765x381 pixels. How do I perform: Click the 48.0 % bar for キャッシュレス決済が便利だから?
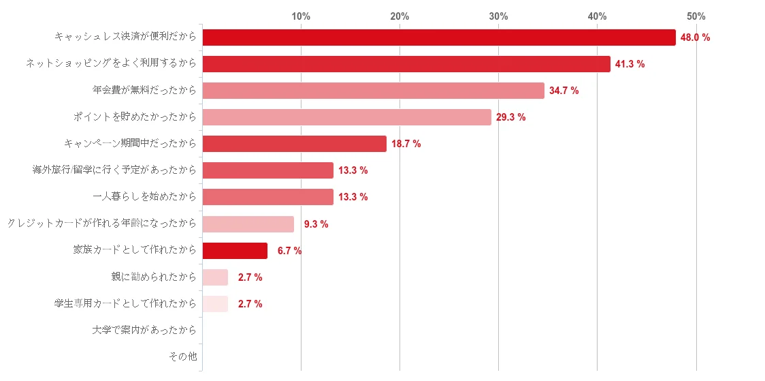[439, 37]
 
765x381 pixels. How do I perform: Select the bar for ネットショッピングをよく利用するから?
[406, 64]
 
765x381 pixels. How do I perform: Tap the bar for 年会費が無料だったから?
[374, 91]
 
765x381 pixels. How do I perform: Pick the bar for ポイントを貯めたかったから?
[347, 117]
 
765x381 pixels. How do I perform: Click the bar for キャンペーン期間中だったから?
[295, 144]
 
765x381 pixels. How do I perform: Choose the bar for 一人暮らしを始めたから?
[268, 197]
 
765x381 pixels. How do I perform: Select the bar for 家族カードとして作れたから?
[235, 251]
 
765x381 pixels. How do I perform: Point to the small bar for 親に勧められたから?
[216, 277]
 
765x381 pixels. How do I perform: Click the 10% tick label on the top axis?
[301, 16]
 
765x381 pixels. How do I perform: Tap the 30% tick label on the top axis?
[498, 16]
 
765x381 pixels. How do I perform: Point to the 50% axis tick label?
[696, 16]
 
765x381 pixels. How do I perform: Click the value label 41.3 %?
[630, 64]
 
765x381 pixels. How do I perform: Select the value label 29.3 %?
[510, 117]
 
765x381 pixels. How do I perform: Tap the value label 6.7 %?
[289, 251]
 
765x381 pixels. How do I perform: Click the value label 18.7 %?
[406, 144]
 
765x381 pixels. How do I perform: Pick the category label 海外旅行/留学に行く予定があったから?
[114, 170]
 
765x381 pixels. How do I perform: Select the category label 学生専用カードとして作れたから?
[125, 304]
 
